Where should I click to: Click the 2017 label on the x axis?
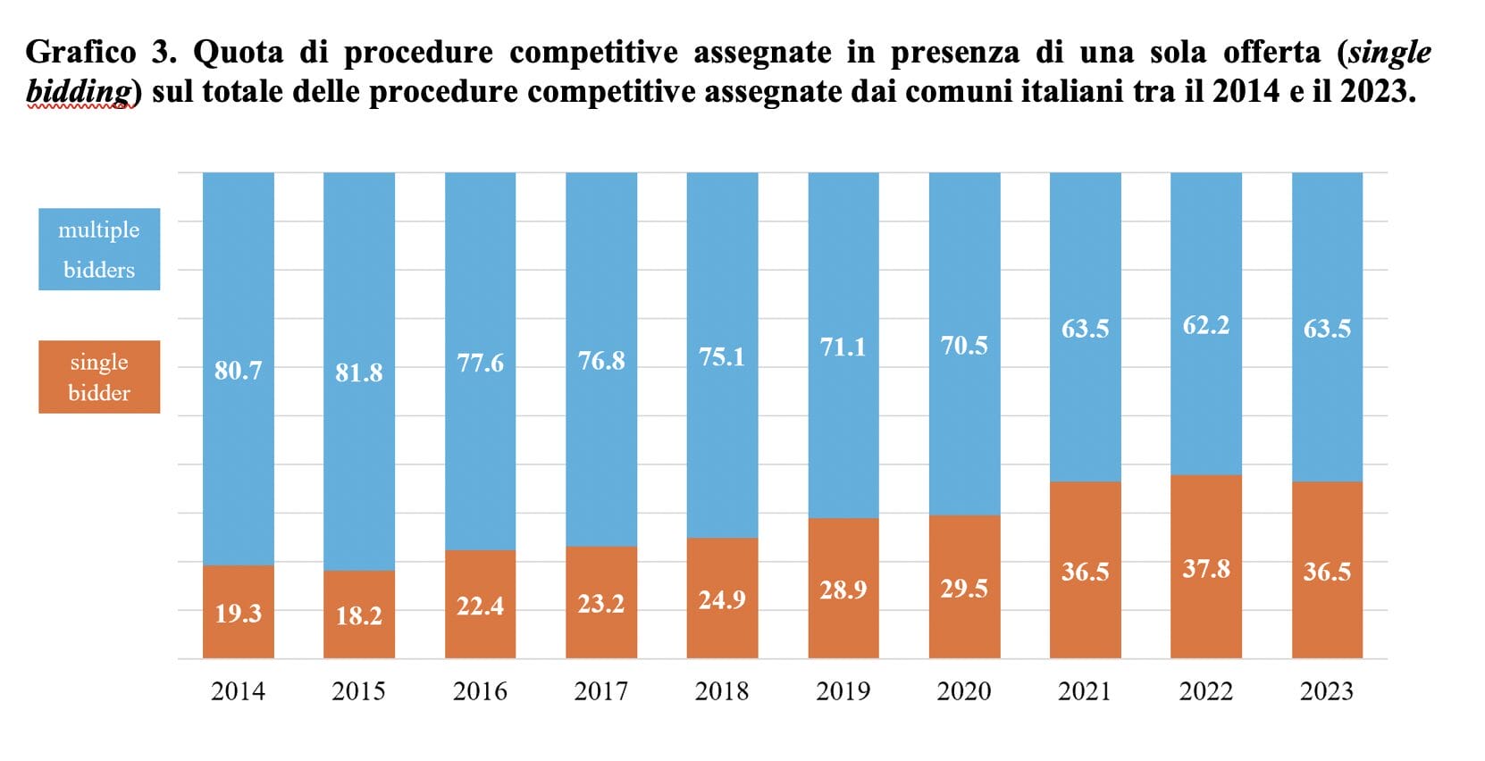coord(600,691)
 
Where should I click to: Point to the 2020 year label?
coord(963,691)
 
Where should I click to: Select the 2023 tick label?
coord(1326,691)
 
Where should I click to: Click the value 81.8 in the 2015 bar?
coord(358,372)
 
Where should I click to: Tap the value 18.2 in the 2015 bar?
coord(358,615)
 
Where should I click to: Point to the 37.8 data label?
coord(1205,569)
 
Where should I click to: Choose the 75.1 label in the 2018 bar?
coord(721,357)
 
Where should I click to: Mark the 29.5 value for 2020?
coord(963,589)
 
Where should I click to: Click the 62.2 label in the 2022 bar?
coord(1205,325)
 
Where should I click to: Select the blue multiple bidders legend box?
coord(99,249)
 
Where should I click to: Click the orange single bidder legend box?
coord(99,377)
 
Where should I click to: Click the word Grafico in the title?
coord(80,52)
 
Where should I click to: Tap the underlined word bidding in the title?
coord(79,91)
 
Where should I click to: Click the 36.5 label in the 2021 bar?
coord(1085,572)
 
